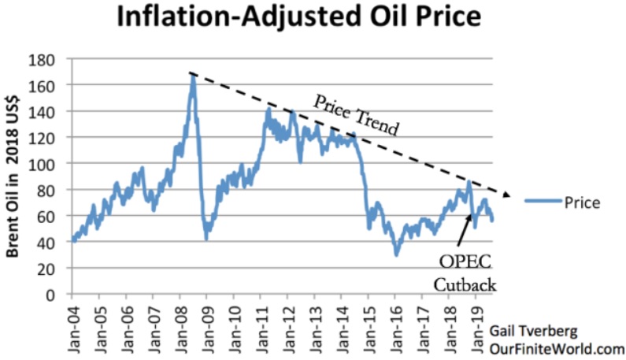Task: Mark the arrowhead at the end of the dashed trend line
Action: coord(507,195)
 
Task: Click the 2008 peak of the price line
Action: coord(192,76)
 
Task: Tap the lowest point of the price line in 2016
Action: coord(397,254)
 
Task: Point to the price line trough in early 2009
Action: coord(206,238)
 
